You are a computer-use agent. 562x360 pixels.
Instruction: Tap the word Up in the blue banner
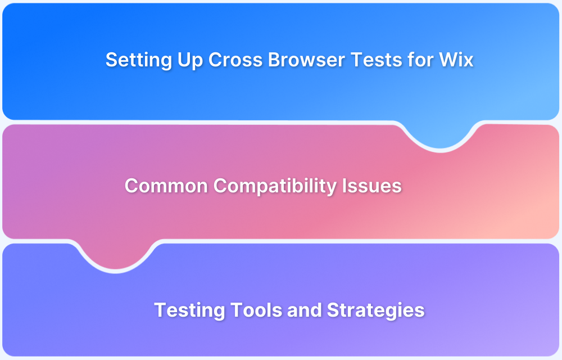pos(188,60)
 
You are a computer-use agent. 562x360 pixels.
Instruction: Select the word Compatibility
pos(275,186)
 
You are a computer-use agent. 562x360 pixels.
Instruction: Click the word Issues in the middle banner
pos(372,186)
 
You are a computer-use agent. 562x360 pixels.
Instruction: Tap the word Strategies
pos(375,310)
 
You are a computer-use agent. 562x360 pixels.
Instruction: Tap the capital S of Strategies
pos(332,310)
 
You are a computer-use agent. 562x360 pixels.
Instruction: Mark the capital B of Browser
pos(274,60)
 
